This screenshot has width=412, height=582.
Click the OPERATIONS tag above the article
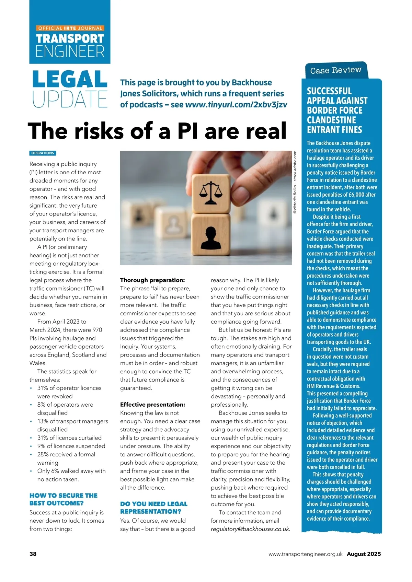43,153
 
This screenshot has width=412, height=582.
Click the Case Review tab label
336,70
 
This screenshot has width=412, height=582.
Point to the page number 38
33,554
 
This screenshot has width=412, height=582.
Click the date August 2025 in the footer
364,554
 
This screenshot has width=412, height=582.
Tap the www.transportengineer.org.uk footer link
305,554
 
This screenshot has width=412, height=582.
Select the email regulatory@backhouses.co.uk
250,529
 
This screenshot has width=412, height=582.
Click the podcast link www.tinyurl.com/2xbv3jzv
236,105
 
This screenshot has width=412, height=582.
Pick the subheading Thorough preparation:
152,280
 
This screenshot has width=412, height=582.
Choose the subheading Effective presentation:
152,405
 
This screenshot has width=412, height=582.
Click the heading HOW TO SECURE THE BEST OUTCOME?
63,499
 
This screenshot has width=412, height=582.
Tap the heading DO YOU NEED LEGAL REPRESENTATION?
153,508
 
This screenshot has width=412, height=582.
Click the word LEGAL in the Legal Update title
70,79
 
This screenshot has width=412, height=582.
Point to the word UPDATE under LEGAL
70,99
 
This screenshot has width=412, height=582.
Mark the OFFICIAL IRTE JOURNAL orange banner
70,28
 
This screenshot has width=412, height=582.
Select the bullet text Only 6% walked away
71,471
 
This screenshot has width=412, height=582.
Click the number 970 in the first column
98,330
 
